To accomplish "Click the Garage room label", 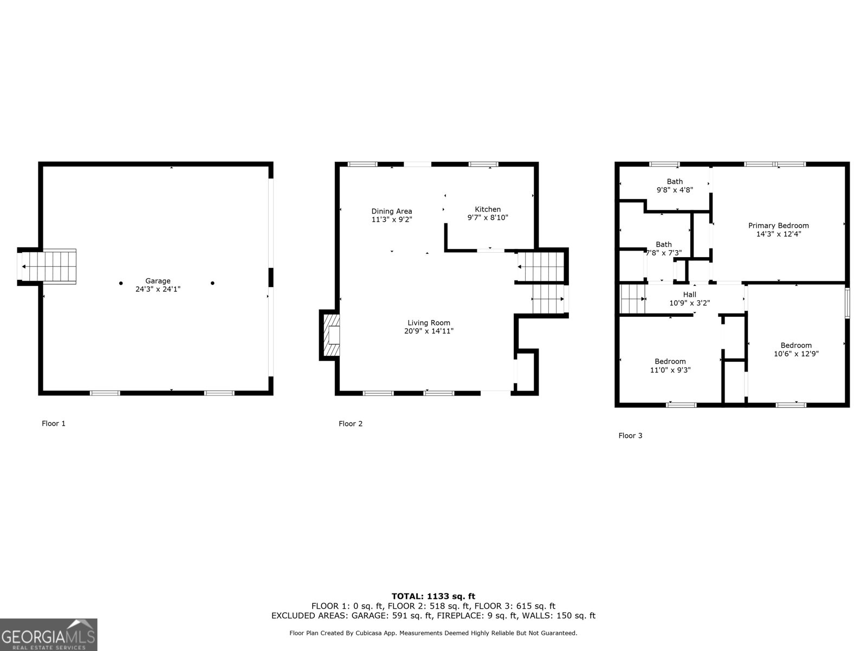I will click(158, 281).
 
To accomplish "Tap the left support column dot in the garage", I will click(121, 283).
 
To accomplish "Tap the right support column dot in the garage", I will click(212, 283).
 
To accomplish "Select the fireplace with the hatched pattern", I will click(331, 335).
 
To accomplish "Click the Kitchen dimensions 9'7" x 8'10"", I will click(488, 218).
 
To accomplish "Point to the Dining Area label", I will click(391, 212).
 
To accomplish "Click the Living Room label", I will click(429, 323).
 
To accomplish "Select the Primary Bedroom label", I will click(778, 226).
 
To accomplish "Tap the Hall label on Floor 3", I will click(689, 295).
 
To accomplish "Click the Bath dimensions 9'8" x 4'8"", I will click(675, 190).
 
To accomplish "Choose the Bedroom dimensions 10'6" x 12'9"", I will click(796, 354).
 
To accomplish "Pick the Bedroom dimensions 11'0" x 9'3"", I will click(670, 370).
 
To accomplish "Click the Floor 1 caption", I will click(54, 424).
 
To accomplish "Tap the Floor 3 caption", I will click(630, 436).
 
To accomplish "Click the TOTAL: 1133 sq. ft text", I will click(433, 596).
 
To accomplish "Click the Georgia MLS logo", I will click(48, 634).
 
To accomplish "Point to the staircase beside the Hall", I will click(632, 299).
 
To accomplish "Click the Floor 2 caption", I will click(351, 424).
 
